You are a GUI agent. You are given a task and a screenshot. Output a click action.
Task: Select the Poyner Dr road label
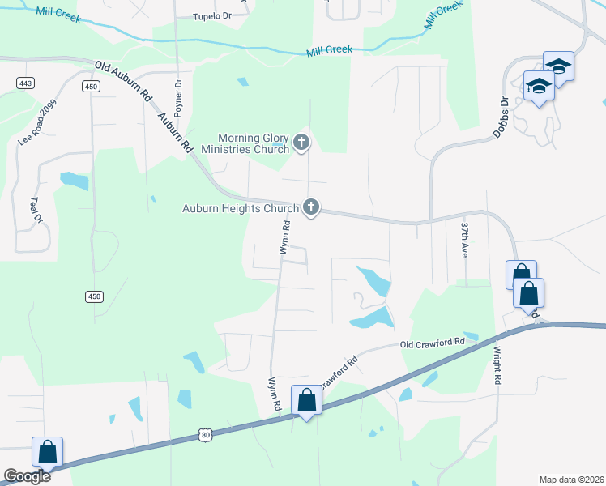[x=178, y=94]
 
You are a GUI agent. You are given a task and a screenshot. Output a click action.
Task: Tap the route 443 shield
[x=23, y=83]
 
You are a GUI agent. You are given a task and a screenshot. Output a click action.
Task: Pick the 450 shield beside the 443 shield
[x=90, y=87]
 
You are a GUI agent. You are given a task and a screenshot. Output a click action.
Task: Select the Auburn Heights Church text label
[x=240, y=208]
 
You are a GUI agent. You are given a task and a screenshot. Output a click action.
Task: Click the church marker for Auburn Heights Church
[x=310, y=207]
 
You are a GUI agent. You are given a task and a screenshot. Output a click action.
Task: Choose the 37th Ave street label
[x=465, y=236]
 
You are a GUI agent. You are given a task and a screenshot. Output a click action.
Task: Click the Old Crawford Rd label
[x=432, y=343]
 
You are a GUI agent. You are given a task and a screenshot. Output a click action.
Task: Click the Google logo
[x=27, y=476]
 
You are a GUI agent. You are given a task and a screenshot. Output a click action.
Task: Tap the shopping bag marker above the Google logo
[x=48, y=452]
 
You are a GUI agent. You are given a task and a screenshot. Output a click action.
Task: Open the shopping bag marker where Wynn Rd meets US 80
[x=306, y=400]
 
